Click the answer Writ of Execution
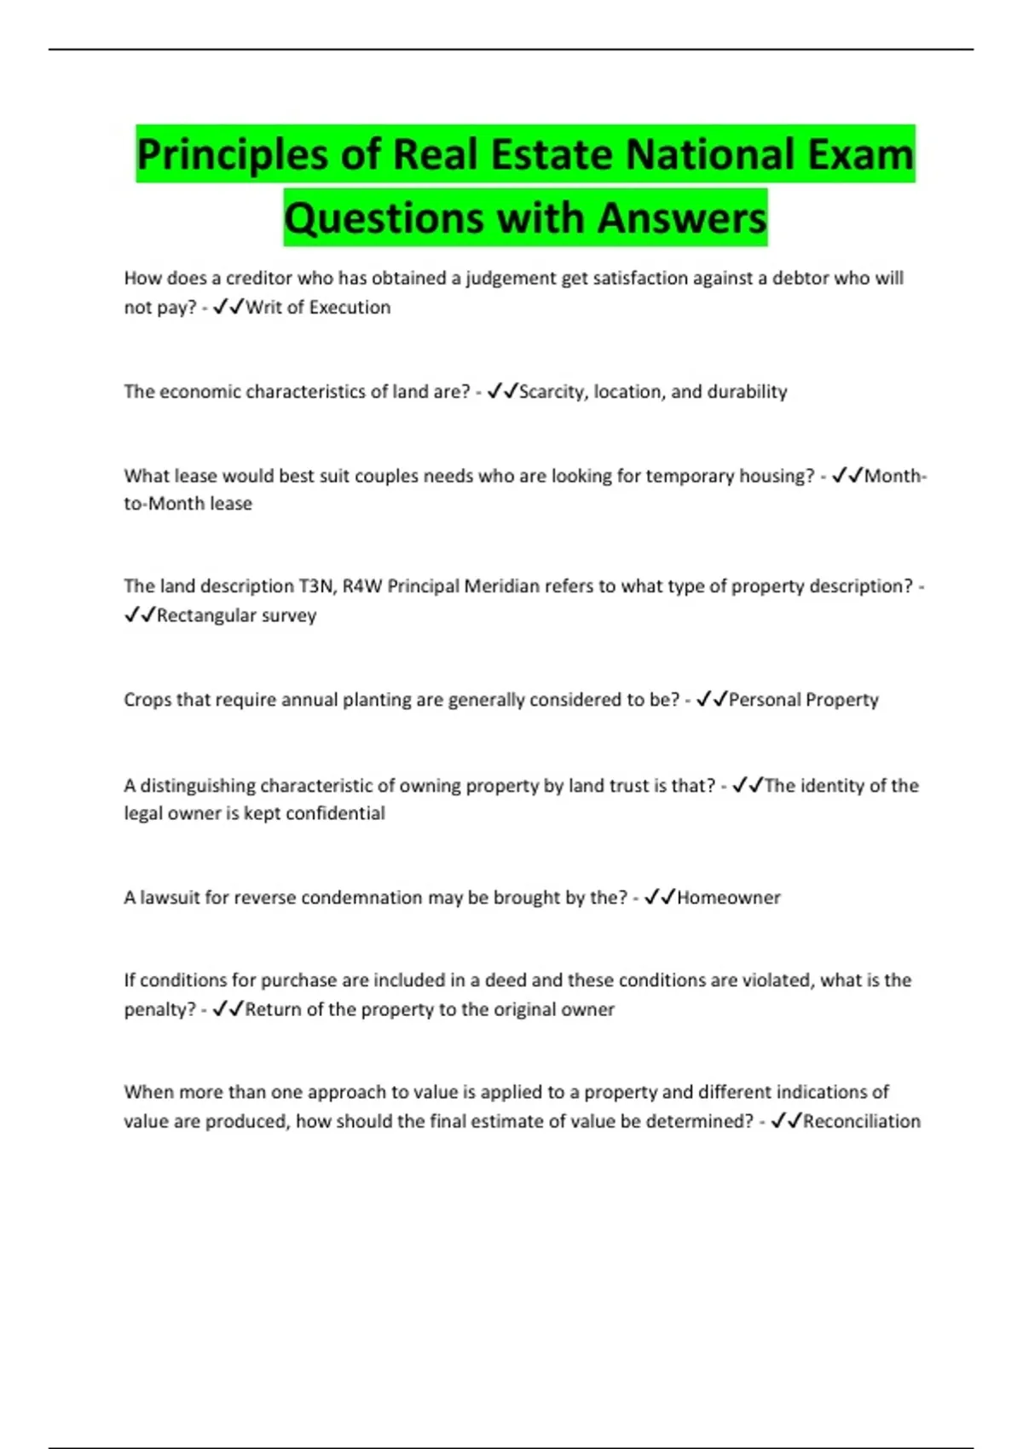(318, 308)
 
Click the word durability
(748, 392)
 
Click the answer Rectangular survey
(236, 615)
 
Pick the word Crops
(147, 700)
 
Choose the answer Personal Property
(803, 700)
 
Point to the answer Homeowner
(728, 898)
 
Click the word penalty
(159, 1010)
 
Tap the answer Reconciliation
(861, 1122)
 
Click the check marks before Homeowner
(660, 897)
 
